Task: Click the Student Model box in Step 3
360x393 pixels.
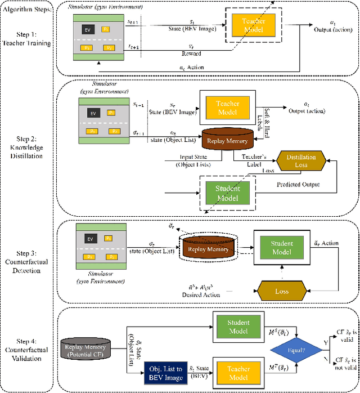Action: tap(281, 248)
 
